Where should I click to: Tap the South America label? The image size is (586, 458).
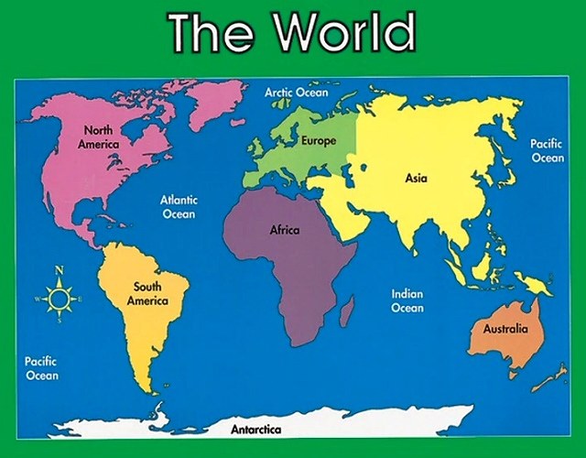146,294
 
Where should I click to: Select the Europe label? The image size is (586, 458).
319,141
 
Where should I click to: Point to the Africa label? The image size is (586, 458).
284,231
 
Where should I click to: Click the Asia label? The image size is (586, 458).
416,178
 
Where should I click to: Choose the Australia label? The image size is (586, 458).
505,328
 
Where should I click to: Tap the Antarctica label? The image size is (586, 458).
255,429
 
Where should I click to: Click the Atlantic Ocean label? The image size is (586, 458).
179,206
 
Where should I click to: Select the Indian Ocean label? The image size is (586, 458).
407,301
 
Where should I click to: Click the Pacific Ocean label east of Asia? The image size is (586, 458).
548,151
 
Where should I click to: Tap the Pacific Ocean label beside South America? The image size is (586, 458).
41,368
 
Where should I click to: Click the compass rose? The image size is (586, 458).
60,299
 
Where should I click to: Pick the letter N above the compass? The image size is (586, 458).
60,270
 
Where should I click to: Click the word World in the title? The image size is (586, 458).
343,32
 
